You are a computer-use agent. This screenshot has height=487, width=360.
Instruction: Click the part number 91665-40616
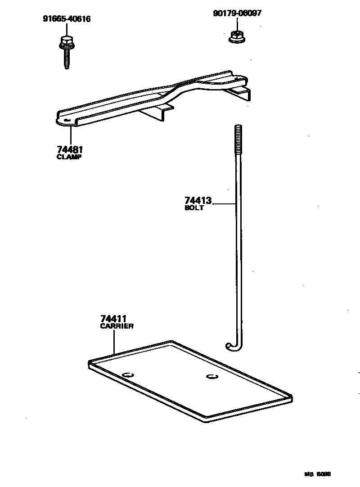(66, 19)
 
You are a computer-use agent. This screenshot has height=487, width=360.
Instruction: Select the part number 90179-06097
(237, 13)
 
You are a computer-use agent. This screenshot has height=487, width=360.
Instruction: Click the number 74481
(70, 149)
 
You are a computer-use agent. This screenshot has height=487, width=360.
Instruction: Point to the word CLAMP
(69, 157)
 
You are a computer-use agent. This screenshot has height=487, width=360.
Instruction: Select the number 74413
(198, 200)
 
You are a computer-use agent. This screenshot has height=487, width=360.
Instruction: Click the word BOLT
(194, 208)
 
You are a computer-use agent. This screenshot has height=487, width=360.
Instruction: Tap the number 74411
(112, 319)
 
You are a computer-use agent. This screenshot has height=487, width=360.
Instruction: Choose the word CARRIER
(117, 326)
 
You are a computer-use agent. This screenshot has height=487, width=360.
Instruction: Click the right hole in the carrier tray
(211, 376)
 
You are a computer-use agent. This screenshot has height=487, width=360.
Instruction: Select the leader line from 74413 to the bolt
(224, 204)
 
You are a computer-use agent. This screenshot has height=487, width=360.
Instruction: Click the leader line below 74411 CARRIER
(114, 342)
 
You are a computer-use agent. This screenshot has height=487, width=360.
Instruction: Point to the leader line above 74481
(71, 135)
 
